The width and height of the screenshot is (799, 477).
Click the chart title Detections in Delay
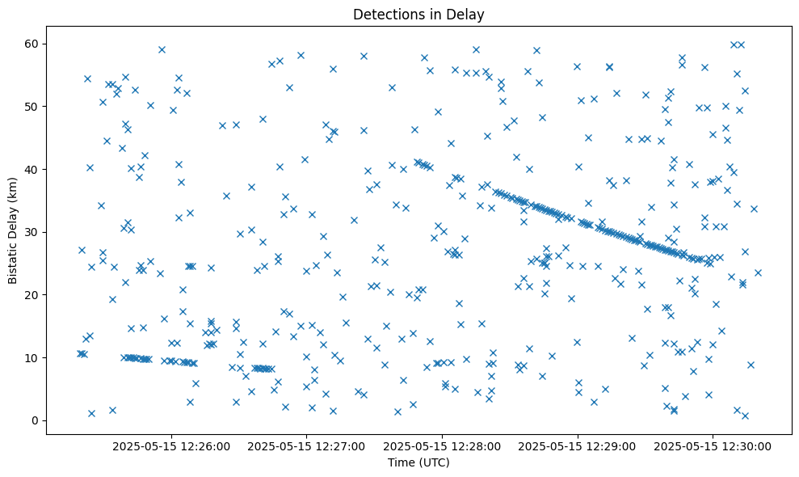point(418,14)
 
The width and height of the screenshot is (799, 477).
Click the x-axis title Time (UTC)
point(418,463)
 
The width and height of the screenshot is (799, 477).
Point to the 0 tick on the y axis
point(36,420)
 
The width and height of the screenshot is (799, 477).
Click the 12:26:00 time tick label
point(171,445)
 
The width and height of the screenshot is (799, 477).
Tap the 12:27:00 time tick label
point(307,445)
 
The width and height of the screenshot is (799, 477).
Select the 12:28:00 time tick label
point(443,445)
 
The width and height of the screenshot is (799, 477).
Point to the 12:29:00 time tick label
point(578,445)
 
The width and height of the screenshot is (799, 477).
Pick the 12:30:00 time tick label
point(713,445)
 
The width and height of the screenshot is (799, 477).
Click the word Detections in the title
point(385,14)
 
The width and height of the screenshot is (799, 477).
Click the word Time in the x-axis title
point(402,463)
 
